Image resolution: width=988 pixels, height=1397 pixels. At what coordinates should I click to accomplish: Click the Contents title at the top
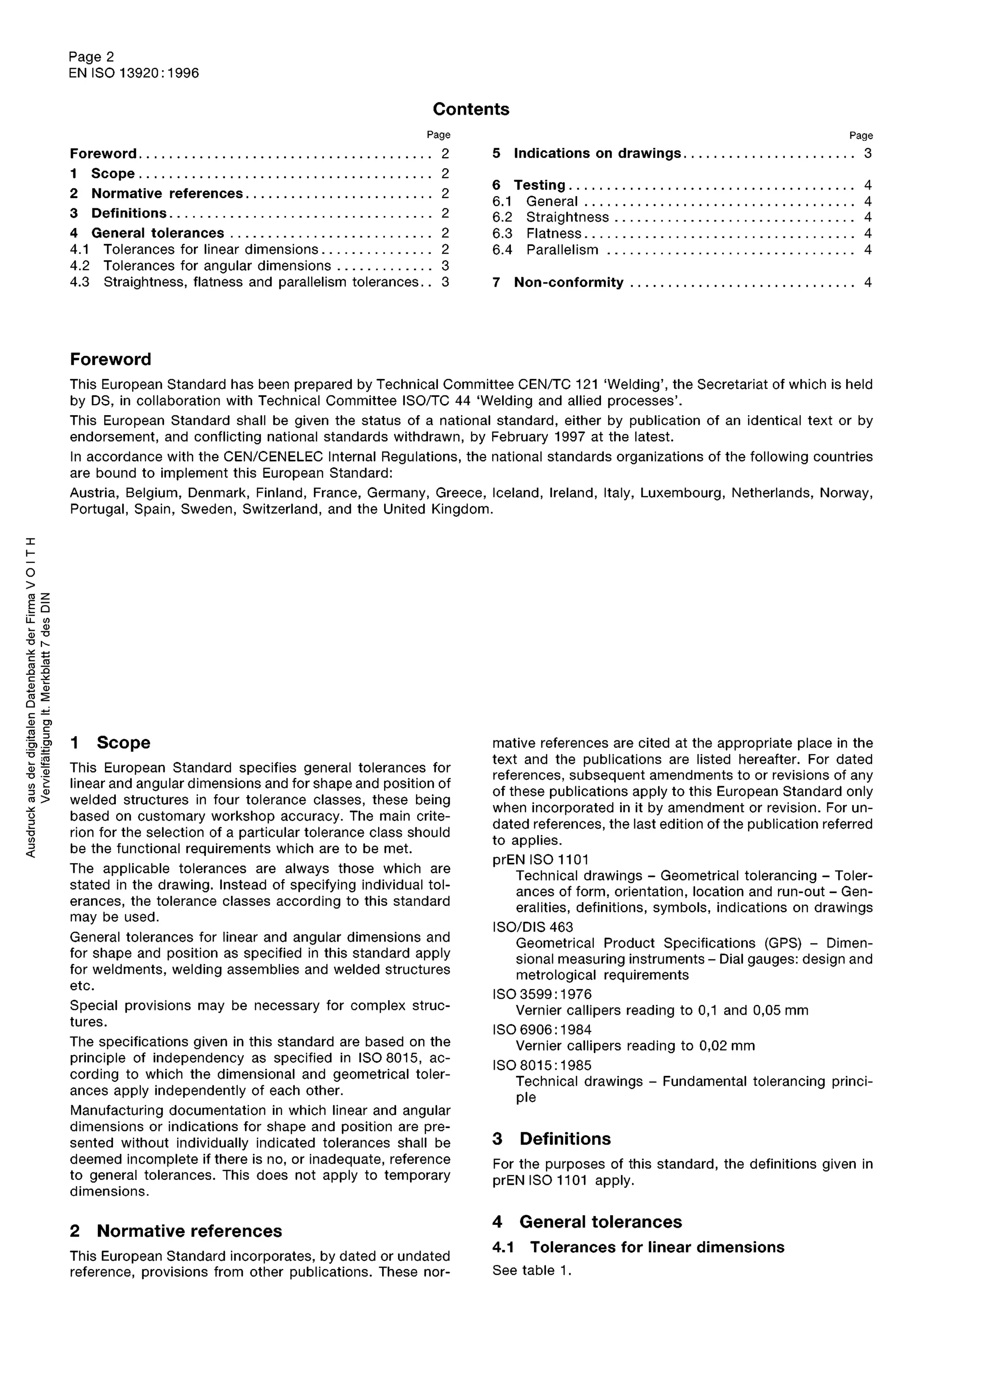470,109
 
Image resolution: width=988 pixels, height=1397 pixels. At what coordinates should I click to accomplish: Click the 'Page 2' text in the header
91,57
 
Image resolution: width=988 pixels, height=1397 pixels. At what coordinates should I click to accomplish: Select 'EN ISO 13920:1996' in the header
134,74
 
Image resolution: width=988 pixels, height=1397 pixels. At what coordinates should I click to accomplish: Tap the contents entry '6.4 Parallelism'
546,250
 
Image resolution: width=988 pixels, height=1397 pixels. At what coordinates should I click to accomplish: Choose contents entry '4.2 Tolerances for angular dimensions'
200,266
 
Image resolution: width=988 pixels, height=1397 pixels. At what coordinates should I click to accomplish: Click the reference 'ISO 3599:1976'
542,994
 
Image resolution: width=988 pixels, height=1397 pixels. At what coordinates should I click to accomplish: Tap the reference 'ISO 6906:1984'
542,1030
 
